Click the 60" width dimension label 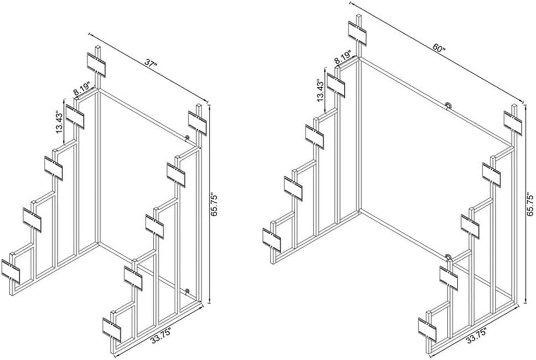(x=438, y=47)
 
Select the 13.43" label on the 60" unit (x=320, y=90)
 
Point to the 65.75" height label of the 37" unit (x=214, y=205)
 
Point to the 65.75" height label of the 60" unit (x=530, y=204)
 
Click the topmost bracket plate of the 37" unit (x=96, y=65)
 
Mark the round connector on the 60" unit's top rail (x=449, y=105)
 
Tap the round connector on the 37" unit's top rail (x=187, y=138)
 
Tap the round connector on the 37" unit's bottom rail (x=187, y=291)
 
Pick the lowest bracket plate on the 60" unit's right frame (x=427, y=329)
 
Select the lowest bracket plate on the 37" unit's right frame (x=112, y=329)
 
